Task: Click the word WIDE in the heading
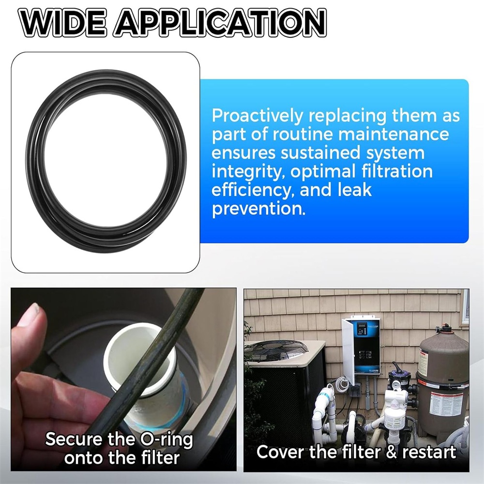pyautogui.click(x=64, y=23)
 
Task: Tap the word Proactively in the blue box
pyautogui.click(x=258, y=116)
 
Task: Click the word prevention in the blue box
pyautogui.click(x=258, y=209)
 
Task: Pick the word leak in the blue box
pyautogui.click(x=354, y=190)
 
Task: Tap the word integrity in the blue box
pyautogui.click(x=248, y=172)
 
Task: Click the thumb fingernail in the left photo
pyautogui.click(x=33, y=312)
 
